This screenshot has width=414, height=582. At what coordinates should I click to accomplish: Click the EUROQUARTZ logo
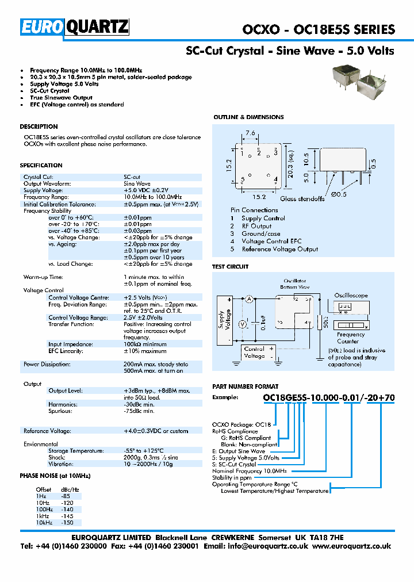click(75, 28)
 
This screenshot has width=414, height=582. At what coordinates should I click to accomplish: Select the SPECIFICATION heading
click(41, 165)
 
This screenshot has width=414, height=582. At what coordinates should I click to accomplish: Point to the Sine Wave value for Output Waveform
click(137, 183)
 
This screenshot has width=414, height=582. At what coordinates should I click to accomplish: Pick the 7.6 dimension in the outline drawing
click(251, 133)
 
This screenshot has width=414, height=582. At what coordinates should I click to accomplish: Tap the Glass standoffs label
click(301, 199)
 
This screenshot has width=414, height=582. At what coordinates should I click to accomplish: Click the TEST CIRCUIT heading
click(231, 266)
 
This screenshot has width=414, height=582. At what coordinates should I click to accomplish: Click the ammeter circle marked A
click(250, 298)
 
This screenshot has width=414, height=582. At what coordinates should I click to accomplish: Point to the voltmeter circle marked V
click(242, 324)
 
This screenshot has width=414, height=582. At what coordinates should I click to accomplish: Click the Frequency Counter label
click(350, 338)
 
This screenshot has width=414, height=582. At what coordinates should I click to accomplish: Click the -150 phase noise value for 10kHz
click(67, 523)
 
